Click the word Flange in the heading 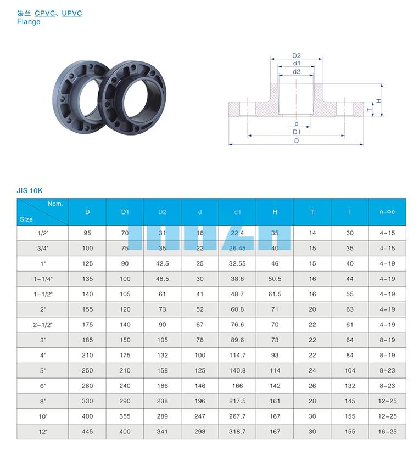point(29,22)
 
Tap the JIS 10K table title point(29,190)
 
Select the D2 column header point(163,212)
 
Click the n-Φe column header point(387,212)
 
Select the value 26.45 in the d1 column point(237,248)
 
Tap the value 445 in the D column point(87,431)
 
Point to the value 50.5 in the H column point(275,279)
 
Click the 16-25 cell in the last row point(387,431)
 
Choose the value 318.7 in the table point(237,431)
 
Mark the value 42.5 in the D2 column point(163,263)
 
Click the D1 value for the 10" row point(125,416)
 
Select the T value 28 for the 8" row point(312,401)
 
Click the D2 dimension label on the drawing point(297,55)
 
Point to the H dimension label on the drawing point(378,100)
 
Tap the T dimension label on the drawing point(369,109)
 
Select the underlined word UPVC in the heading point(72,13)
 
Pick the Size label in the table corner point(26,219)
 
